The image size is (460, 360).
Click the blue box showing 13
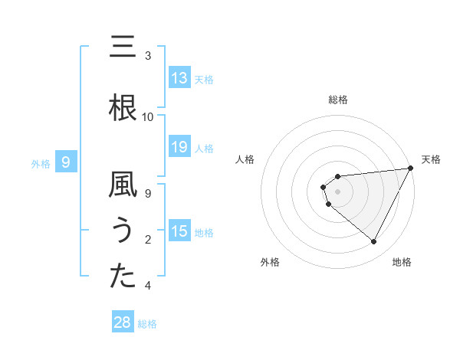click(179, 78)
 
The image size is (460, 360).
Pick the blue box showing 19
click(179, 147)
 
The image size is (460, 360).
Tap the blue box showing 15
click(179, 231)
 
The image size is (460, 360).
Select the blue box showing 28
click(123, 322)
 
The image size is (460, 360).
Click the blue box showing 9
click(66, 162)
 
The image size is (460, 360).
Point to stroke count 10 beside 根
click(148, 116)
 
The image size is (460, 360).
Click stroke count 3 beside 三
click(148, 55)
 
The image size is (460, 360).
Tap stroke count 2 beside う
click(148, 239)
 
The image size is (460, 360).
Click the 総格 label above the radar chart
click(338, 100)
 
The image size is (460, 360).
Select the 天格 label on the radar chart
click(431, 159)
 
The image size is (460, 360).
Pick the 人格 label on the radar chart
click(245, 159)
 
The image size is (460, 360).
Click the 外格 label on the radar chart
click(270, 262)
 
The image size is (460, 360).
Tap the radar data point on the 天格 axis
click(410, 168)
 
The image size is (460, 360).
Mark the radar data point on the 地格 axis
click(373, 242)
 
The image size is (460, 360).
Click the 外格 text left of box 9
click(40, 163)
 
